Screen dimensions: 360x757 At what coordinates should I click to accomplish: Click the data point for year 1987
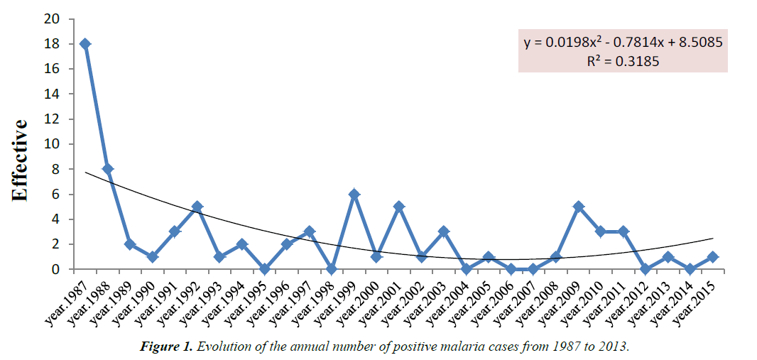[x=85, y=44]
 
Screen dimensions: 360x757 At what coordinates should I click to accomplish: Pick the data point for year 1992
[x=197, y=207]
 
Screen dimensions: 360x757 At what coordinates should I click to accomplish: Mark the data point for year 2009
[x=579, y=207]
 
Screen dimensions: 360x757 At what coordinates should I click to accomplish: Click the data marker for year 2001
[x=399, y=207]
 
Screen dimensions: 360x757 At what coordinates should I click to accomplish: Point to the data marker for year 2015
[x=713, y=257]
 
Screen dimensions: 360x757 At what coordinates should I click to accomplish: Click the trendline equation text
[x=623, y=43]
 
